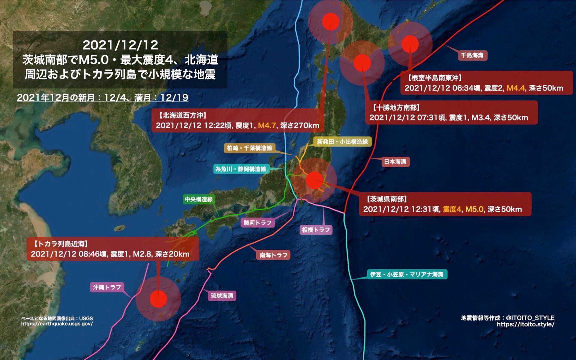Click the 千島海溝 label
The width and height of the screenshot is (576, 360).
(472, 55)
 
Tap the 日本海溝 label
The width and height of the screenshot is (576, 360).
(395, 162)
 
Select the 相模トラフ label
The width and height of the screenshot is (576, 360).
(316, 230)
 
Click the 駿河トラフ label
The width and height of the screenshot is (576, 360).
(257, 223)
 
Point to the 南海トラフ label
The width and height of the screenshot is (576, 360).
(273, 255)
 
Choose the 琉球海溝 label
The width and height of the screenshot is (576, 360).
(222, 296)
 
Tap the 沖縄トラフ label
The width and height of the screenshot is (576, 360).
(107, 287)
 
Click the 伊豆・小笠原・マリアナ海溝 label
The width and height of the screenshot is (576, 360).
(407, 274)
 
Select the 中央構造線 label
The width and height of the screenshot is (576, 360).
(199, 199)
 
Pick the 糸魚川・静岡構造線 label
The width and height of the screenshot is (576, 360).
(241, 169)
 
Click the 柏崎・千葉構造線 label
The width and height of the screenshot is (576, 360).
(249, 148)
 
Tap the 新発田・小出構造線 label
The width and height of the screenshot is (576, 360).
(342, 142)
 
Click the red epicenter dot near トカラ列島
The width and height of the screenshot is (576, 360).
(158, 299)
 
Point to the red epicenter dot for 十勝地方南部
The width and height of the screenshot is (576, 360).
(362, 63)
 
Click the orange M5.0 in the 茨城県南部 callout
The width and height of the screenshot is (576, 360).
(474, 209)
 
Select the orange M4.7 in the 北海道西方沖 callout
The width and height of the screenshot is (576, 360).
(267, 125)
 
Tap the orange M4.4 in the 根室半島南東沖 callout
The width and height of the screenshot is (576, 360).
(515, 88)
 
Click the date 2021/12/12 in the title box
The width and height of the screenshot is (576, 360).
(120, 45)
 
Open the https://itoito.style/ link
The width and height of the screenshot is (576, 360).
(525, 324)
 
